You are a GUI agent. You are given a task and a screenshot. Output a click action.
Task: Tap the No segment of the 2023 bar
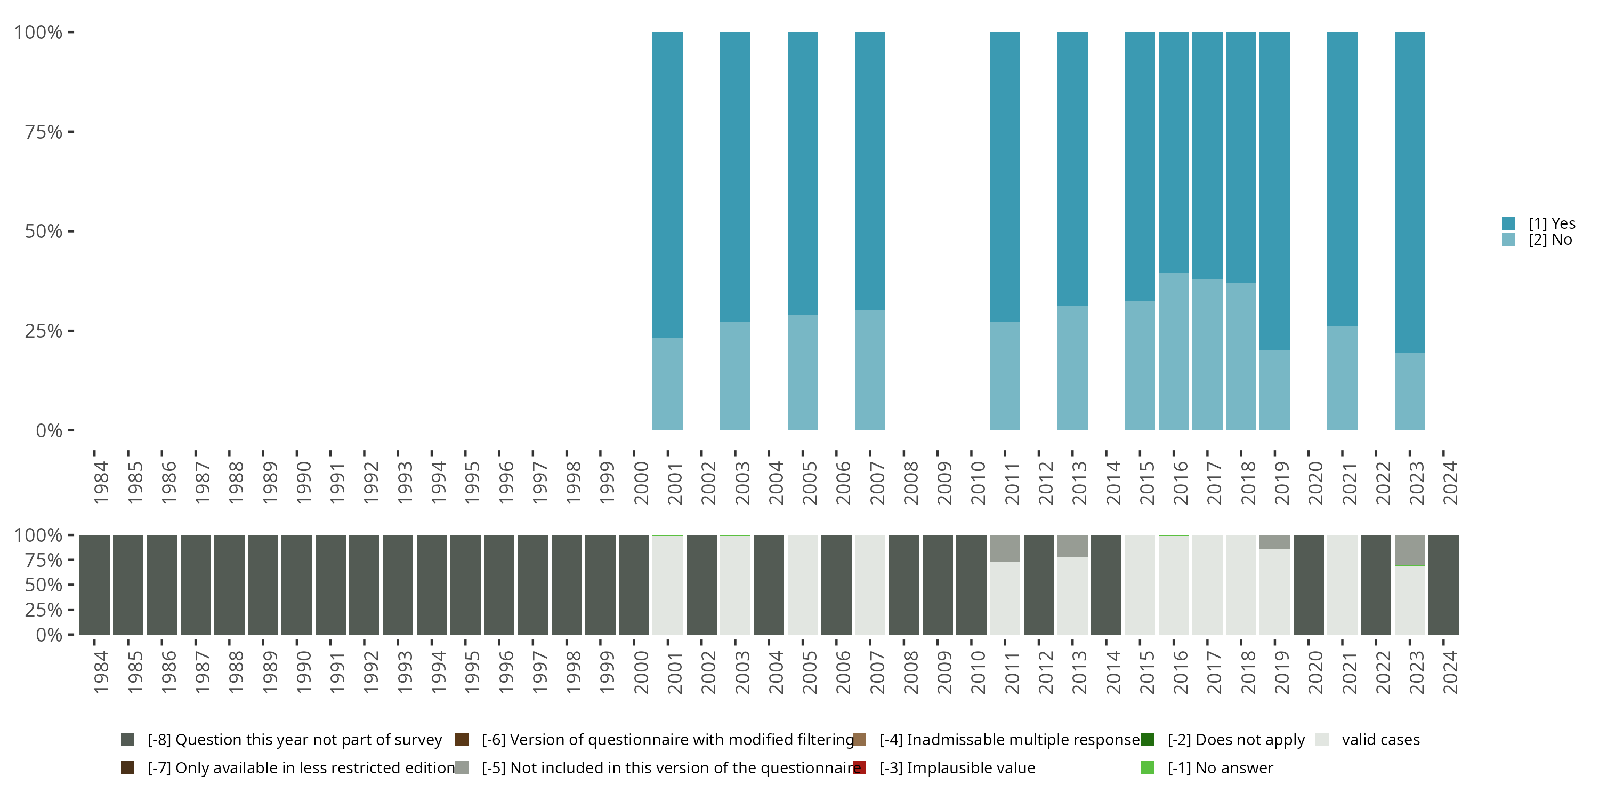[1409, 391]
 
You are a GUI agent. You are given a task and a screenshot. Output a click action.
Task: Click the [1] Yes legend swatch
[1508, 223]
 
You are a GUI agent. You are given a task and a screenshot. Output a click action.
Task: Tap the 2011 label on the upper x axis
[1012, 483]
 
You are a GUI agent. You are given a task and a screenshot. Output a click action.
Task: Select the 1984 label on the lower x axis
[101, 672]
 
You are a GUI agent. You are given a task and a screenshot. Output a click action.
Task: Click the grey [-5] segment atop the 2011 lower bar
[1004, 548]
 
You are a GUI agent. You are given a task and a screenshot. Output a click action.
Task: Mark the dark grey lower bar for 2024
[1443, 585]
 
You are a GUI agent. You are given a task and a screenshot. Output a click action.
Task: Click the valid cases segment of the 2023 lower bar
[1409, 599]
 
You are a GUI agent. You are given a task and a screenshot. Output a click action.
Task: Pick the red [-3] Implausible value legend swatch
[859, 767]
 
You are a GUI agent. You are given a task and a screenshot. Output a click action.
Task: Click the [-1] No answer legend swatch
[1147, 767]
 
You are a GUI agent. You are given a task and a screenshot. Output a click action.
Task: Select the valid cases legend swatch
[1322, 740]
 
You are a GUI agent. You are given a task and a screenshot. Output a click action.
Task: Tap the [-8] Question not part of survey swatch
[127, 740]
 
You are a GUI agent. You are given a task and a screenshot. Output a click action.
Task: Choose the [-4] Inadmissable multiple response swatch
[859, 740]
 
